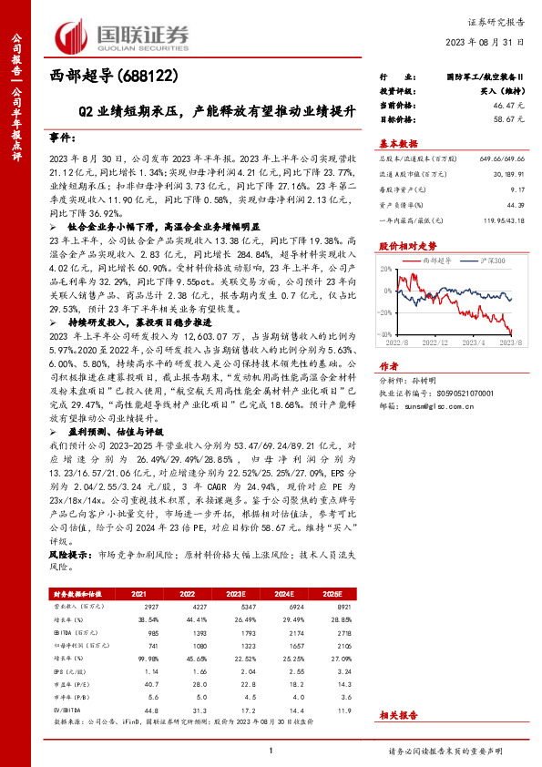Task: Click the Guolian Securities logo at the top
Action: pyautogui.click(x=123, y=35)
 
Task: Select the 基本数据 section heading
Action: pyautogui.click(x=398, y=144)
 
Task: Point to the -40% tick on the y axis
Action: pyautogui.click(x=387, y=335)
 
